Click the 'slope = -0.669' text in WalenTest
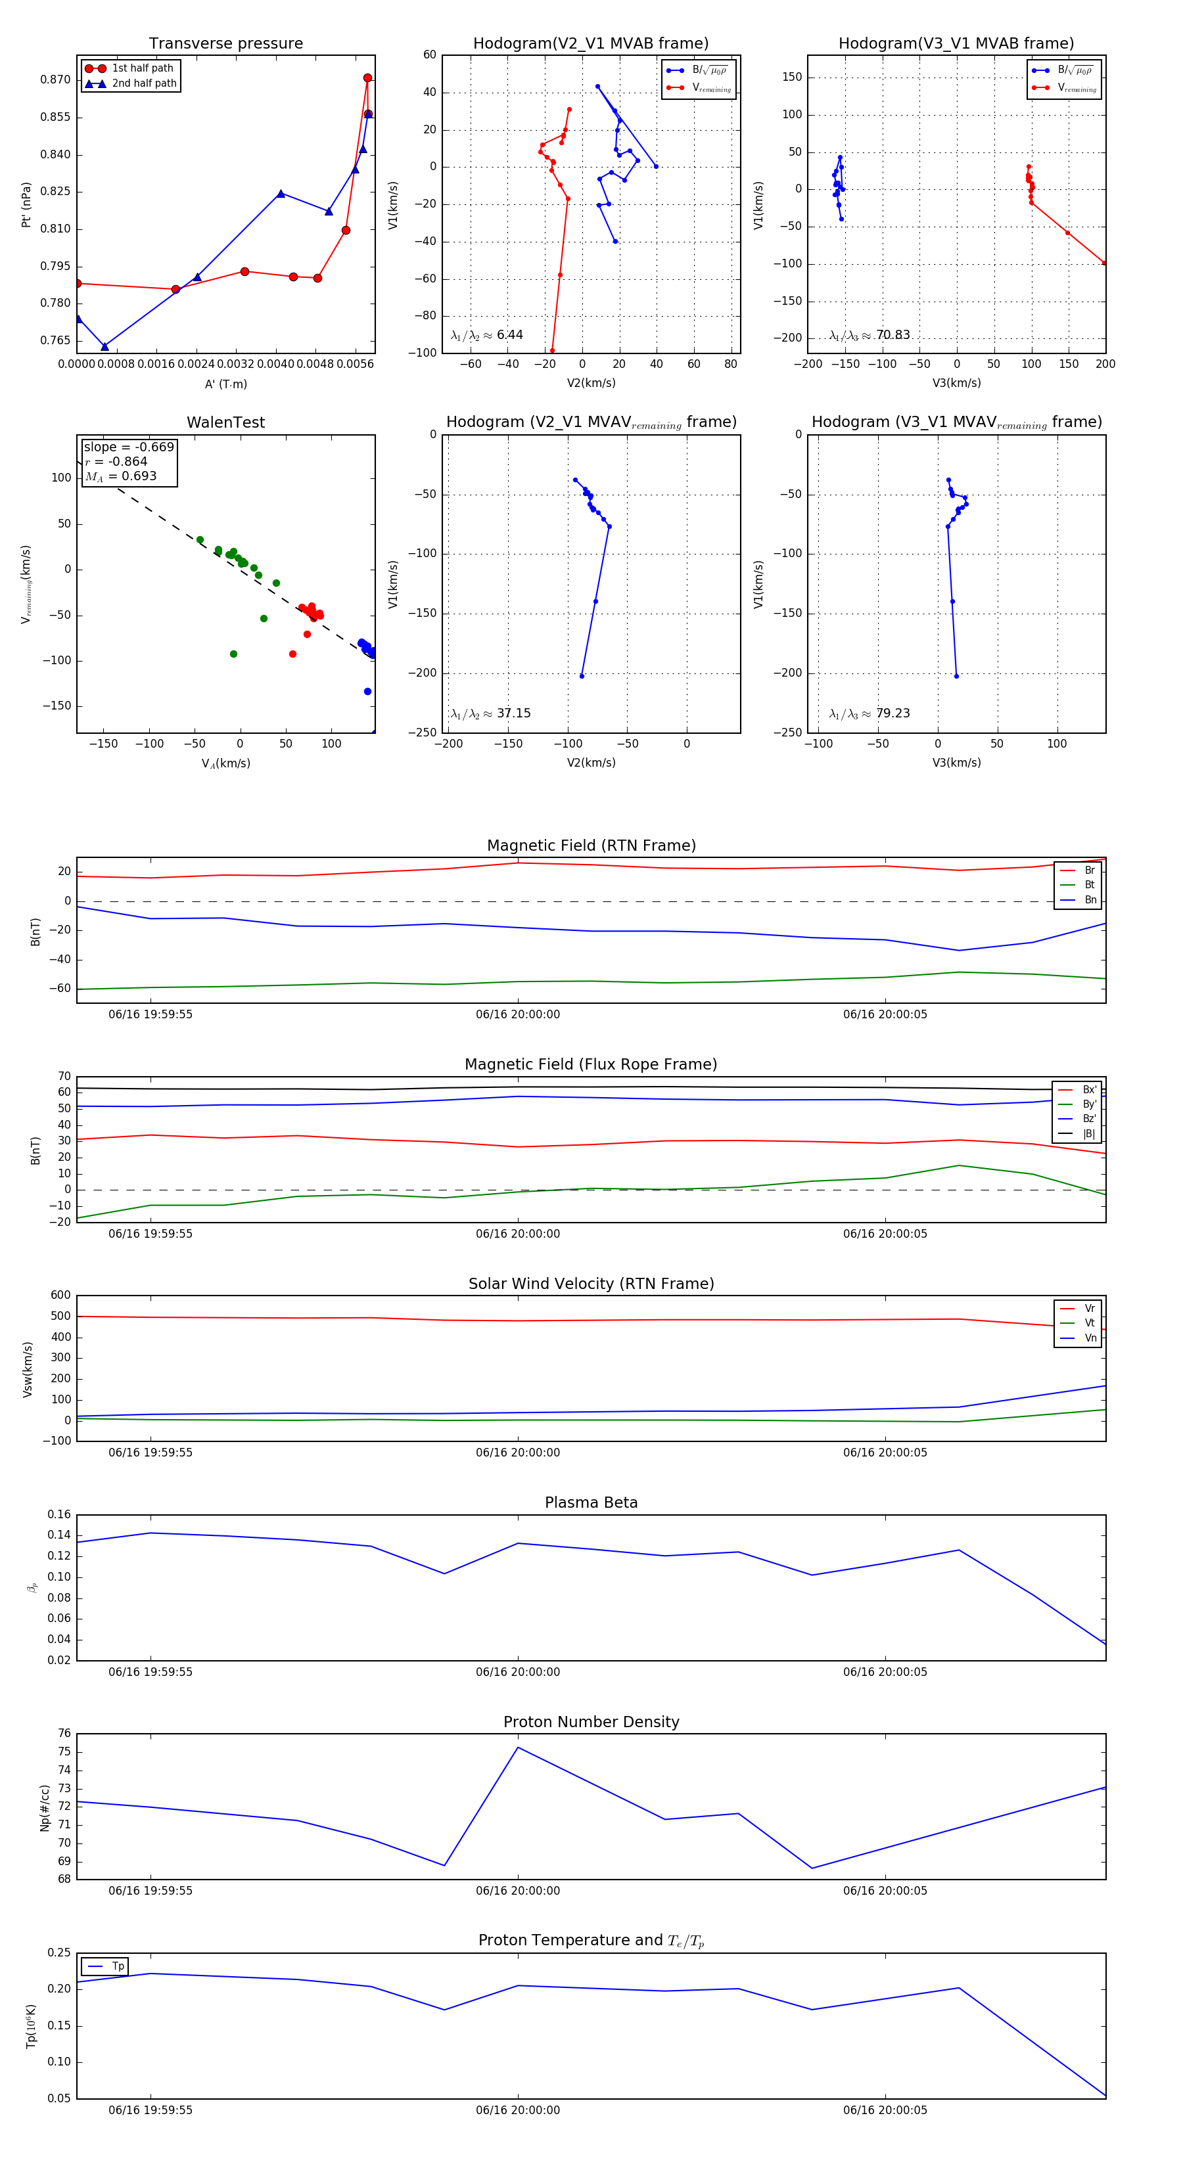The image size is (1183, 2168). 129,447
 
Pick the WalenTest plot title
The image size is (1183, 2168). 225,422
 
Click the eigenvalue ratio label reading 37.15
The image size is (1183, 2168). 491,713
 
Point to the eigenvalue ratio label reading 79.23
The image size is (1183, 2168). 870,713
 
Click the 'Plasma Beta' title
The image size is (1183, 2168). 591,1503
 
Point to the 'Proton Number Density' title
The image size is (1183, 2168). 591,1722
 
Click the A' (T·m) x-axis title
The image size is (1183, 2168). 225,384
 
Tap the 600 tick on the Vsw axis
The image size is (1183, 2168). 60,1296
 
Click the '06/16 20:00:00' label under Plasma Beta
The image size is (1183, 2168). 518,1672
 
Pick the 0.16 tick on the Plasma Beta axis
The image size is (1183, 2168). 59,1515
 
